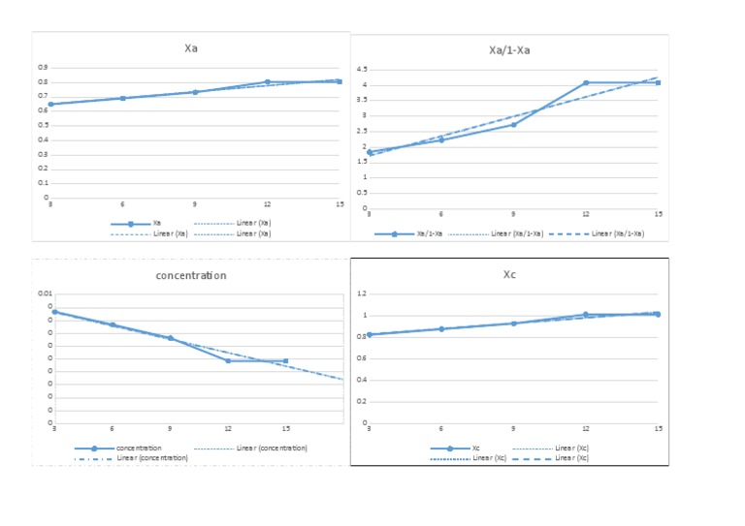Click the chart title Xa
[191, 48]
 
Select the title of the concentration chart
[191, 275]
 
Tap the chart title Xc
[509, 274]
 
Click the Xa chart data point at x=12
[267, 82]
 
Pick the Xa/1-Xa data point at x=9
[514, 124]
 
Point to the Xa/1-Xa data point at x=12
[586, 82]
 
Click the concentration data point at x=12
[228, 360]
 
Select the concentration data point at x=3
[54, 312]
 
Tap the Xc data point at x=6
[441, 329]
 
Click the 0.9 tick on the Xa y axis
[43, 67]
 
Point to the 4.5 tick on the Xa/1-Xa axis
[361, 70]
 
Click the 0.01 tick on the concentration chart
[46, 294]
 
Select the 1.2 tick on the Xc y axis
[361, 294]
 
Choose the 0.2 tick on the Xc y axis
[361, 401]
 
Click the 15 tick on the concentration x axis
[286, 429]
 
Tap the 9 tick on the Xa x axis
[194, 204]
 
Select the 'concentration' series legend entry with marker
[121, 449]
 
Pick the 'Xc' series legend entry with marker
[457, 449]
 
